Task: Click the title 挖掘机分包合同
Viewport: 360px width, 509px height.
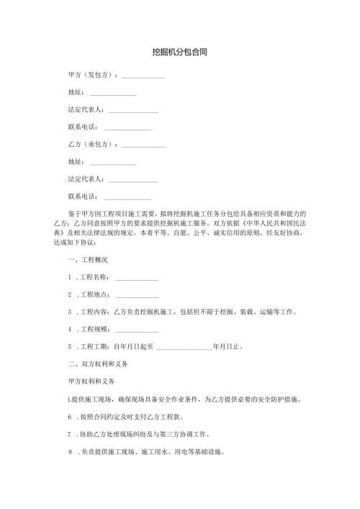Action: (179, 53)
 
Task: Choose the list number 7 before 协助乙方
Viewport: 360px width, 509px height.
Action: (68, 436)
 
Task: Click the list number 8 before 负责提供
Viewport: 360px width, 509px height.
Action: (69, 454)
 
